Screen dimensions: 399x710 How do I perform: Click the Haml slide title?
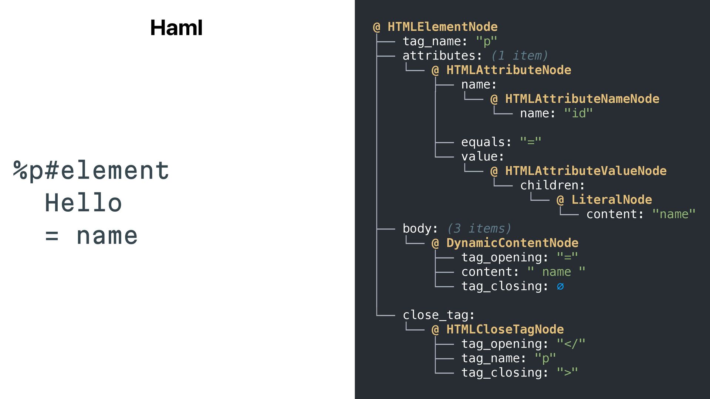tap(176, 28)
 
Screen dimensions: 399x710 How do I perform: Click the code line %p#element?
tap(91, 171)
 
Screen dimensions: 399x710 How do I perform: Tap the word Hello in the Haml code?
tap(84, 203)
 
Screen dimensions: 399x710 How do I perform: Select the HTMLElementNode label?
tap(442, 27)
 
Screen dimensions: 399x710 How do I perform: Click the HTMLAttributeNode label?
tap(508, 70)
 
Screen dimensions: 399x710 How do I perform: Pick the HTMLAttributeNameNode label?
tap(582, 99)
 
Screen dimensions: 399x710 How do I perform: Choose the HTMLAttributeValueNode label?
tap(586, 171)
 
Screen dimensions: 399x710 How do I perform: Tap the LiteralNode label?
tap(612, 199)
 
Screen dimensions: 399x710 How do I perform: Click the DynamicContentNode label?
tap(512, 243)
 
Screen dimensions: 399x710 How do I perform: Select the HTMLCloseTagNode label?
tap(505, 329)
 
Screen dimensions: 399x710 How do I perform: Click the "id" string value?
tap(578, 113)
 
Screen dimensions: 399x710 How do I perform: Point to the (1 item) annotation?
tap(519, 55)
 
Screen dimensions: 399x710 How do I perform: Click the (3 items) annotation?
tap(479, 228)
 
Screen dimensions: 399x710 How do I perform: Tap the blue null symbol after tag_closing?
tap(560, 286)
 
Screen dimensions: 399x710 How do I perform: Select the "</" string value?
tap(571, 344)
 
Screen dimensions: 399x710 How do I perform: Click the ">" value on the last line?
tap(567, 372)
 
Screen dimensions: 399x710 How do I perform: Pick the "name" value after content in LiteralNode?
tap(674, 214)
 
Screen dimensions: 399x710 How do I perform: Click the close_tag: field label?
tap(439, 315)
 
